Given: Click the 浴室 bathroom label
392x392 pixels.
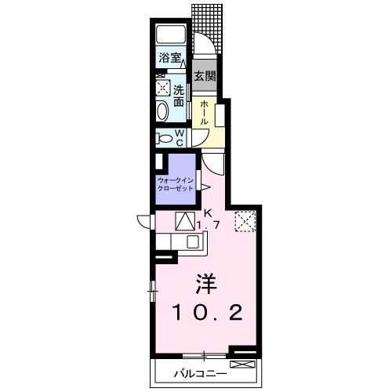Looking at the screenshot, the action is point(170,57).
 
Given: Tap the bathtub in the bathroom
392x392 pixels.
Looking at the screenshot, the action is point(171,34).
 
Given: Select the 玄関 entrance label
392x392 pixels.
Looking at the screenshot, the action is point(205,76).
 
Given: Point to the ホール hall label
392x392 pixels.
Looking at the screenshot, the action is point(204,113).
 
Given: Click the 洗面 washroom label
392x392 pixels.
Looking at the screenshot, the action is point(179,96).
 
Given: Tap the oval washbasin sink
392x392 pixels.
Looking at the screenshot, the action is point(162,111).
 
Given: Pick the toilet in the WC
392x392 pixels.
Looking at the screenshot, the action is point(163,139).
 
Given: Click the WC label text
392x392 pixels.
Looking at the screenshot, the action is point(180,138).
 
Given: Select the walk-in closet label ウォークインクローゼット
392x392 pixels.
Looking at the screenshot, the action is point(175,184).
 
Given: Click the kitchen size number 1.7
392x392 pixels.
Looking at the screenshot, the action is point(208,225).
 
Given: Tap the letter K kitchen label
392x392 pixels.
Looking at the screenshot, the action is point(208,214).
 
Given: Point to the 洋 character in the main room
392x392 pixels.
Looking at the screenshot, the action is point(206,284).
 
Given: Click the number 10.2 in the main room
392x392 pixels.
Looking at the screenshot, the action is point(208,313).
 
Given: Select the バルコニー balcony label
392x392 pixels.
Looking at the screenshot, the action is point(200,374).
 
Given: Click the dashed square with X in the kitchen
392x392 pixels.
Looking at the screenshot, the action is point(245,222).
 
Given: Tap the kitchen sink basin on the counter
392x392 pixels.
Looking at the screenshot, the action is point(193,241).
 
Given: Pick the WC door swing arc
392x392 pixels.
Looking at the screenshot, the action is point(202,140).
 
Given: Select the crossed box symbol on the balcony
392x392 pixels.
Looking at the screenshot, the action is point(242,364).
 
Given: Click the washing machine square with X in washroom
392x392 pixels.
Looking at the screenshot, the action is point(163,88).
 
